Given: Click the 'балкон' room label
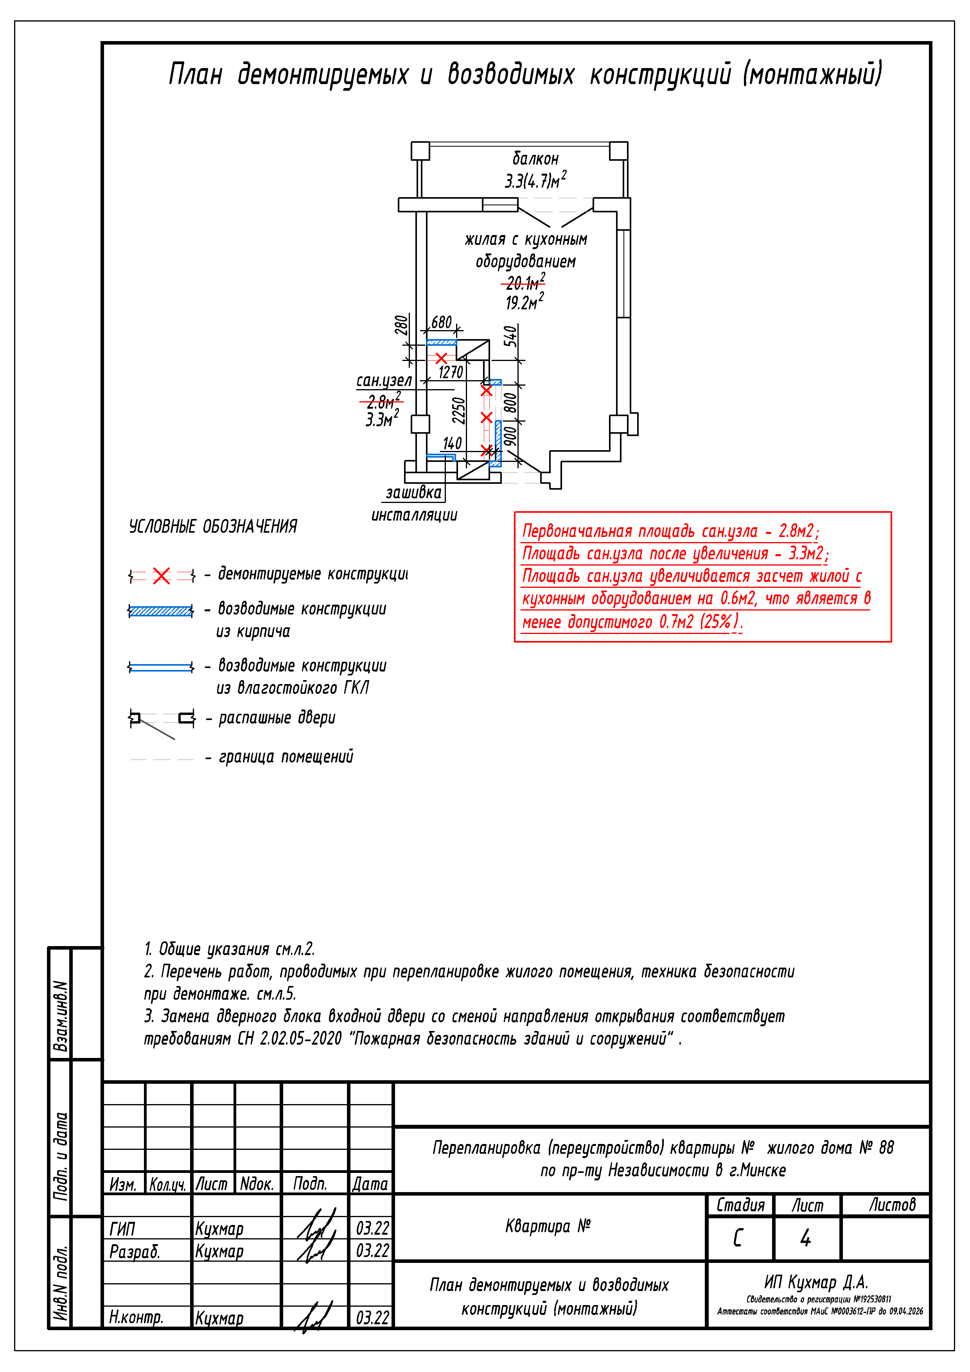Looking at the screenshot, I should pyautogui.click(x=535, y=159).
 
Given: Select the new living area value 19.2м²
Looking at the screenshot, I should pyautogui.click(x=524, y=302).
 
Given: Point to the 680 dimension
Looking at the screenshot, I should pyautogui.click(x=441, y=323).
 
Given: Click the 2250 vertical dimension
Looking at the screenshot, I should pyautogui.click(x=458, y=411).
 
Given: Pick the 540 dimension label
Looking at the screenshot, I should pyautogui.click(x=510, y=336).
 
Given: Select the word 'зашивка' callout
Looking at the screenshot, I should pyautogui.click(x=413, y=493).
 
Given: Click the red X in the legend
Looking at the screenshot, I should pyautogui.click(x=162, y=576).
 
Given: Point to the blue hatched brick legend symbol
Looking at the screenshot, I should pyautogui.click(x=161, y=611).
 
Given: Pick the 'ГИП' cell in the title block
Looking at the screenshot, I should pyautogui.click(x=122, y=1229).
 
